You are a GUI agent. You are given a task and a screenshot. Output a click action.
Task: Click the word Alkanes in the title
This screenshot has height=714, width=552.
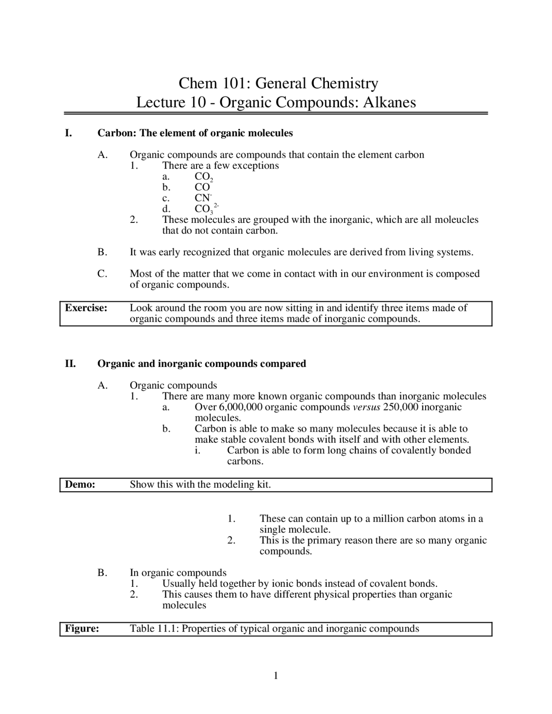[389, 103]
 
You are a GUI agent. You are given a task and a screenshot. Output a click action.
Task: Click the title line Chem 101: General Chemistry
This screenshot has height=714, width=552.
[278, 83]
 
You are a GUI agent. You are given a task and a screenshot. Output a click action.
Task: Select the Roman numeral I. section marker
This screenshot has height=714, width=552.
[68, 133]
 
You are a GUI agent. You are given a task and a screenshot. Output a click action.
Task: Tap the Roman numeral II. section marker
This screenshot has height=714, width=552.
[70, 363]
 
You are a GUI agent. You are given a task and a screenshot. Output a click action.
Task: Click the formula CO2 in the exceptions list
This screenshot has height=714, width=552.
[204, 177]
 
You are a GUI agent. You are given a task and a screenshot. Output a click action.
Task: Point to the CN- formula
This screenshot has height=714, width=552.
[203, 198]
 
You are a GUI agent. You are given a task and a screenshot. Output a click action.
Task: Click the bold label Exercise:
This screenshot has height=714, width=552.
[86, 308]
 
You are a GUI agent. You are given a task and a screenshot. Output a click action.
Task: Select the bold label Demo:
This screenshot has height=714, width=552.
[80, 484]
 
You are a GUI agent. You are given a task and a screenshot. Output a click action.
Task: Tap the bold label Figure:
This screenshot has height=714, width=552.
[82, 628]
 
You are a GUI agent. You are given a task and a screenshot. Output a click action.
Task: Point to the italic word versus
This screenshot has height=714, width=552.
[366, 407]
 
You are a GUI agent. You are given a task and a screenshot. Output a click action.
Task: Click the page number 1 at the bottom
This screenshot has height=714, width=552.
[276, 675]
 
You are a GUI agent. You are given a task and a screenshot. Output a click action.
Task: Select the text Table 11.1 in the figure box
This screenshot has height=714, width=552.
[154, 628]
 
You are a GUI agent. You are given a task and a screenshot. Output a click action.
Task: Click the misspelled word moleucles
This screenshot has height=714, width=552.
[456, 219]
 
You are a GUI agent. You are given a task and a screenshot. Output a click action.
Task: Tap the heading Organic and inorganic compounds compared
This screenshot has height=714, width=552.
[201, 363]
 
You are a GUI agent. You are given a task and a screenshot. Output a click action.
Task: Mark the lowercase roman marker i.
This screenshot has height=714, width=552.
[197, 450]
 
